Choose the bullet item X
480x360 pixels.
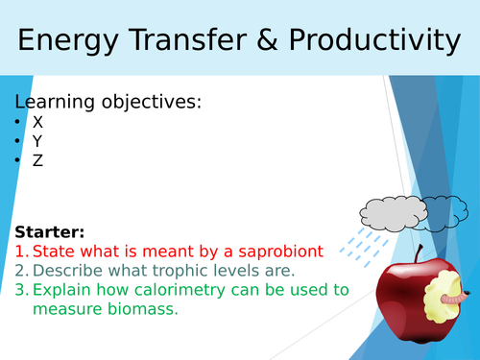pos(37,122)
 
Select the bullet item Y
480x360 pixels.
pos(37,141)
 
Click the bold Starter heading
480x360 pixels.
pos(50,232)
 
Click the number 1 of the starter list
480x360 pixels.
pos(19,252)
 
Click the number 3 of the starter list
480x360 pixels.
pos(19,290)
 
